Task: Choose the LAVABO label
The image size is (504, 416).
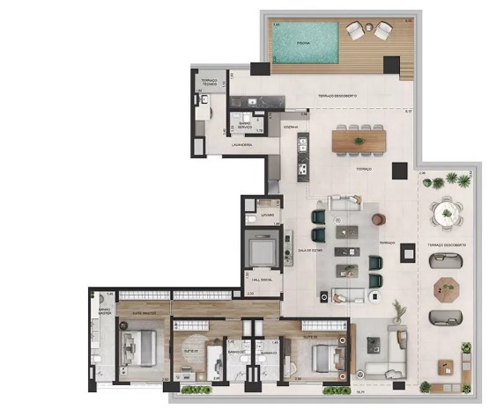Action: (266, 215)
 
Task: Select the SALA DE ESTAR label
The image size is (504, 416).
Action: (310, 251)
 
